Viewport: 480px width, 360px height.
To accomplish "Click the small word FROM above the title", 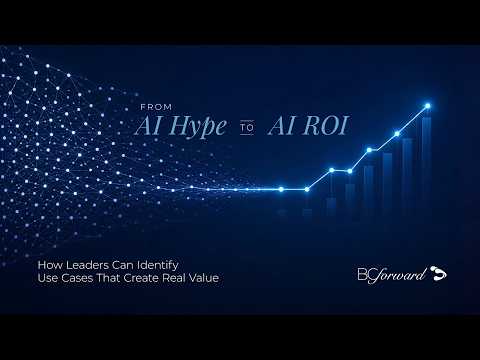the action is pyautogui.click(x=156, y=107).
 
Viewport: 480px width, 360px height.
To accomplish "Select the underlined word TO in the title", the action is pyautogui.click(x=247, y=128).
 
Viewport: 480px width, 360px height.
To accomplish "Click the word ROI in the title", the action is pyautogui.click(x=325, y=126).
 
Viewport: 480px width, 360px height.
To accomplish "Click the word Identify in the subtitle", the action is pyautogui.click(x=158, y=266).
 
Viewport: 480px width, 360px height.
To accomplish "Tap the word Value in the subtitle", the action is pyautogui.click(x=204, y=278).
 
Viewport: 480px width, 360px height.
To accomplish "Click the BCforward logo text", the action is pyautogui.click(x=392, y=275).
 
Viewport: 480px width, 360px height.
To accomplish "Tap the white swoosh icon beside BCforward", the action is pyautogui.click(x=438, y=273).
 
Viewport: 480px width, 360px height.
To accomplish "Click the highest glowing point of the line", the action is pyautogui.click(x=428, y=106).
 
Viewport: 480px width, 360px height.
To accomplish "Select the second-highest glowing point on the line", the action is pyautogui.click(x=397, y=134).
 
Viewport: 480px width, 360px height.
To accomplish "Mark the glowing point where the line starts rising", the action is pyautogui.click(x=307, y=189).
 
